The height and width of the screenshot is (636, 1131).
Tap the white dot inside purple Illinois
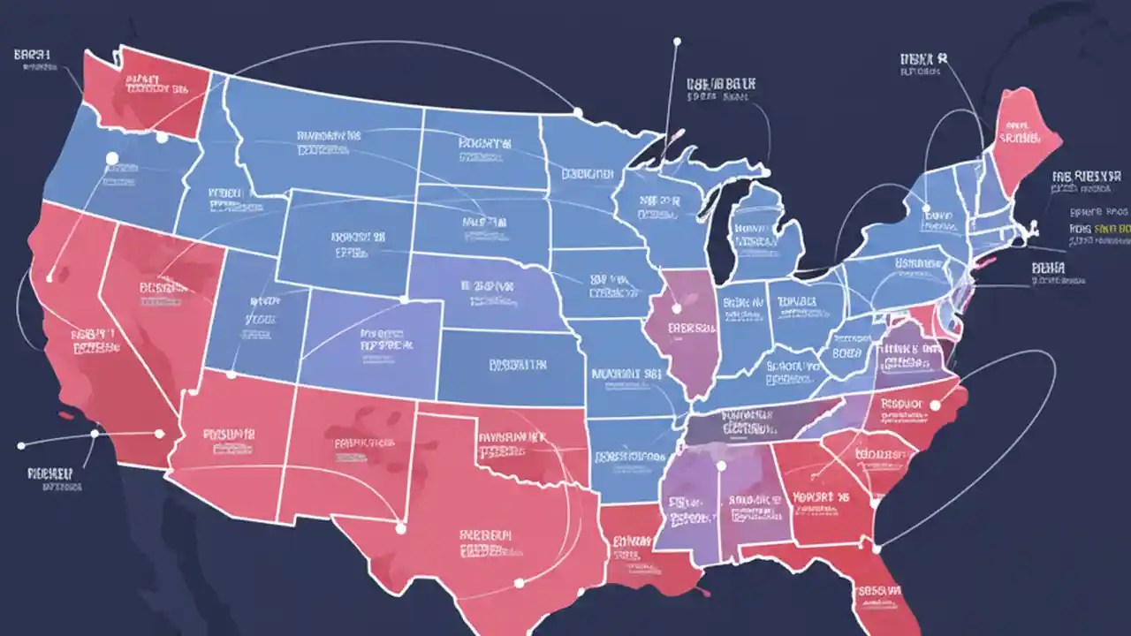point(677,308)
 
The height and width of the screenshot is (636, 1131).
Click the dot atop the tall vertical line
point(677,41)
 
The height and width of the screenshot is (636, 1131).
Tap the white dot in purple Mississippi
point(721,466)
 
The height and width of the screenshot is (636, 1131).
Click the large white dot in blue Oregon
point(111,158)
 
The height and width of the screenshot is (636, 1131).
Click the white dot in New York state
point(927,209)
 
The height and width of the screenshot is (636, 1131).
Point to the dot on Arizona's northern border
point(232,375)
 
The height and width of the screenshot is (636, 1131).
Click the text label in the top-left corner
point(33,55)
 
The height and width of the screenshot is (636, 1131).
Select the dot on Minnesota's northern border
point(577,112)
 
